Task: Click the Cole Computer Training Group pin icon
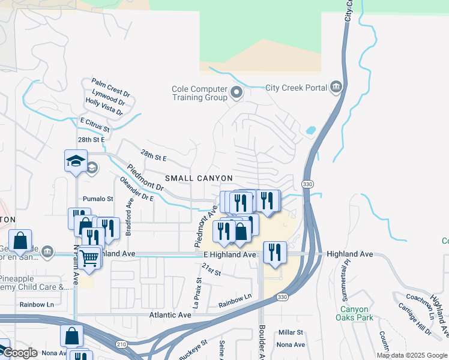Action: [237, 92]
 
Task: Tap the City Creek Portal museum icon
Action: [336, 88]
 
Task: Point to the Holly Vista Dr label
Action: [104, 107]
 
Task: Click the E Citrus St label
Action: [95, 124]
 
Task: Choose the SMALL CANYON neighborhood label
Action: [199, 178]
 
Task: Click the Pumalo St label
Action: [98, 199]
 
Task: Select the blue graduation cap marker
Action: [76, 161]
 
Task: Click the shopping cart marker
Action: [89, 258]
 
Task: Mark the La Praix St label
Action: [196, 292]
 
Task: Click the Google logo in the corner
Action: [19, 353]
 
